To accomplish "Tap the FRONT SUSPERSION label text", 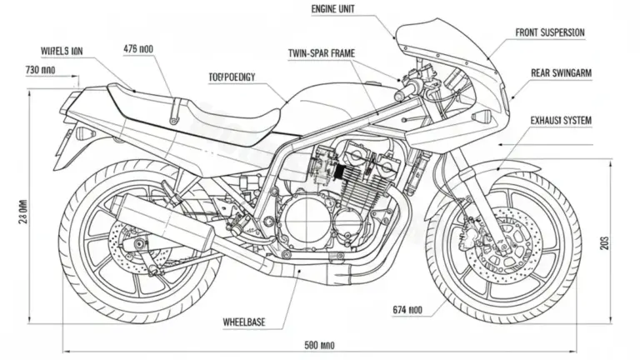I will coord(550,32).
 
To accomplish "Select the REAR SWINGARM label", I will coord(561,73).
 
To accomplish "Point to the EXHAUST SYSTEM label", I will coord(561,121).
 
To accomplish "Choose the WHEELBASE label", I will coord(244,320).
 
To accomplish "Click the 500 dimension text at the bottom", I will coord(320,344).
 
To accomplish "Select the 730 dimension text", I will coord(40,70).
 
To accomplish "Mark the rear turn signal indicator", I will coord(84,133).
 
